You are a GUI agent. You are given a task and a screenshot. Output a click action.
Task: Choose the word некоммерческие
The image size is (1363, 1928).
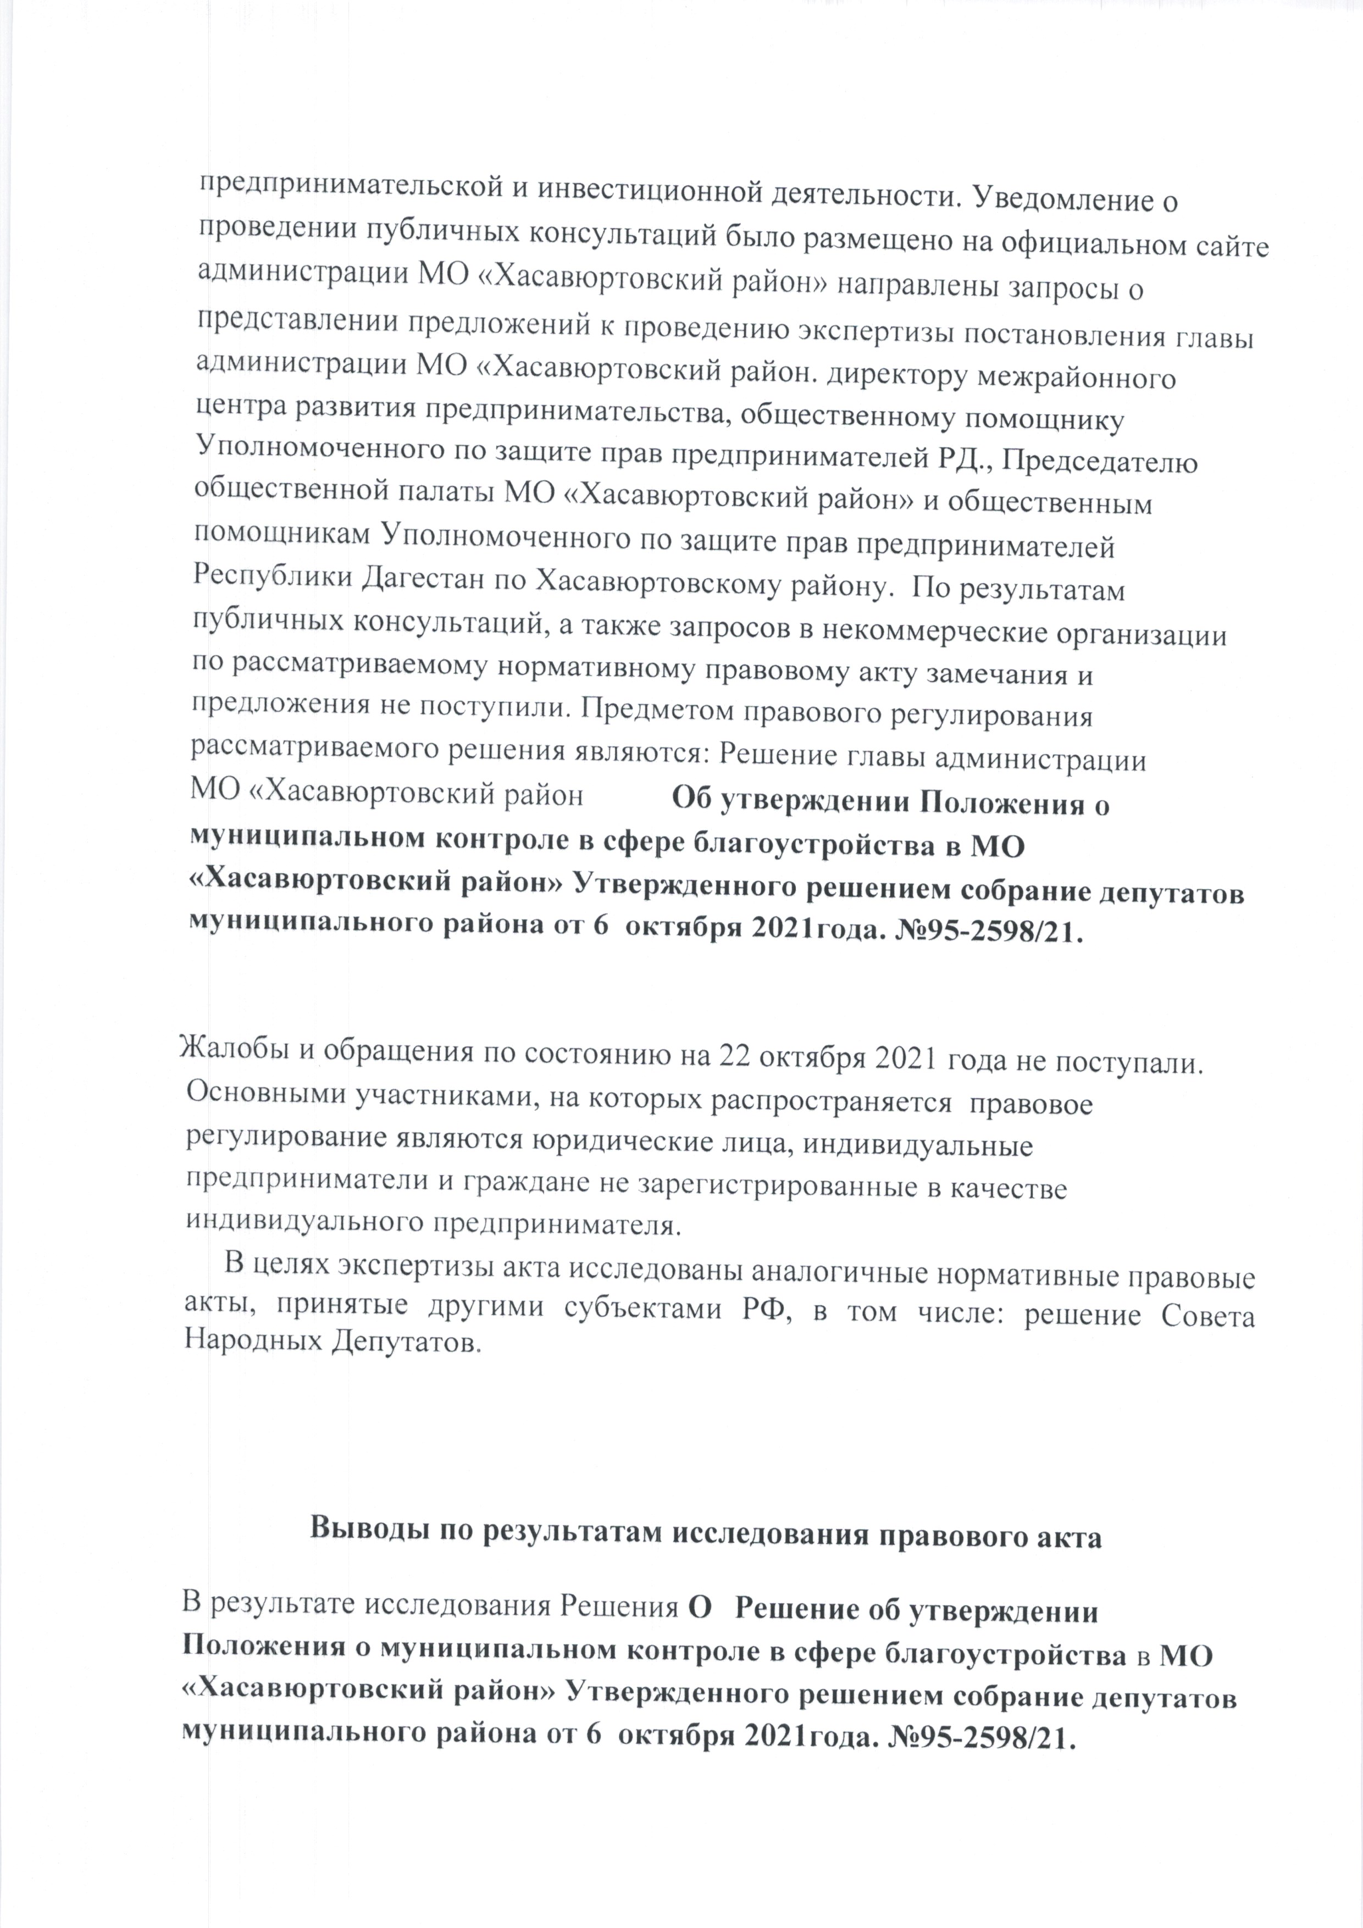pos(939,634)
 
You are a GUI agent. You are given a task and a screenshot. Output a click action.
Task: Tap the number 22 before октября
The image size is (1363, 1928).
pos(732,1060)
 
